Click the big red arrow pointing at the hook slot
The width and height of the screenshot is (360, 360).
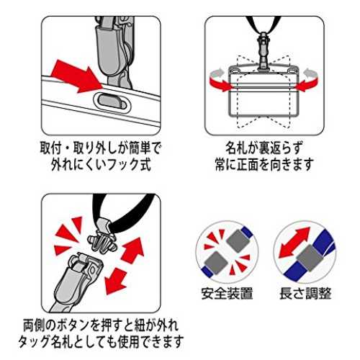77,76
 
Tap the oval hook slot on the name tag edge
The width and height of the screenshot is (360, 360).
113,102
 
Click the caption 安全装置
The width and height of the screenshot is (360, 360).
227,293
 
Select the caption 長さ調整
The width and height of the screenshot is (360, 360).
305,293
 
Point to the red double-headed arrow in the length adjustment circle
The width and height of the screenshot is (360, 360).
294,242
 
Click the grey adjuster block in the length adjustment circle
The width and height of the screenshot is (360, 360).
310,258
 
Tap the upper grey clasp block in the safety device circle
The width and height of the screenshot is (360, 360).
238,240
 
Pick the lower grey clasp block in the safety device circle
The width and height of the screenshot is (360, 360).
215,263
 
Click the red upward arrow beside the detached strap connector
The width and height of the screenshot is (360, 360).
132,250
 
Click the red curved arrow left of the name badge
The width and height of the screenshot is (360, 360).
219,80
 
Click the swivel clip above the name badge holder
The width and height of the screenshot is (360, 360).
264,52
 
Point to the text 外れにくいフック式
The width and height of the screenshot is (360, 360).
101,164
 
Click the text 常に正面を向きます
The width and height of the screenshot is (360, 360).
264,164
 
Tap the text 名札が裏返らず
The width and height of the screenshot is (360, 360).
264,148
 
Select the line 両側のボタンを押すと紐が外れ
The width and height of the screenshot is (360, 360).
101,325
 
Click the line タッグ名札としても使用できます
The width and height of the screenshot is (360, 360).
101,341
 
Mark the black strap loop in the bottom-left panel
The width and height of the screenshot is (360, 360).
125,211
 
